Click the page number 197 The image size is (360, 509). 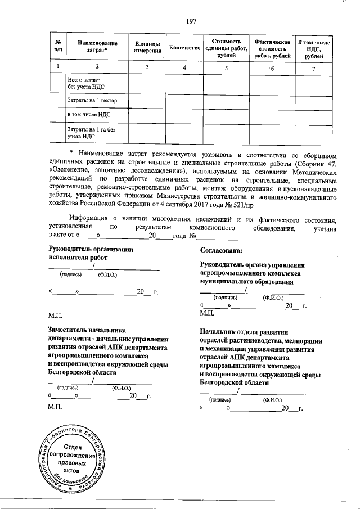pyautogui.click(x=191, y=21)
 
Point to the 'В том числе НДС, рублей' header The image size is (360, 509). pyautogui.click(x=317, y=49)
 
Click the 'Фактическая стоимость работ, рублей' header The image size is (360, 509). pyautogui.click(x=272, y=49)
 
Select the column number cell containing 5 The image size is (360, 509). pyautogui.click(x=227, y=68)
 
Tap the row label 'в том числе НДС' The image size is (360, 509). pyautogui.click(x=88, y=115)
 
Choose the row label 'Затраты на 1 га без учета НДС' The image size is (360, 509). pyautogui.click(x=87, y=132)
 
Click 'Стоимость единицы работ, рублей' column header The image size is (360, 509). pyautogui.click(x=227, y=49)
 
